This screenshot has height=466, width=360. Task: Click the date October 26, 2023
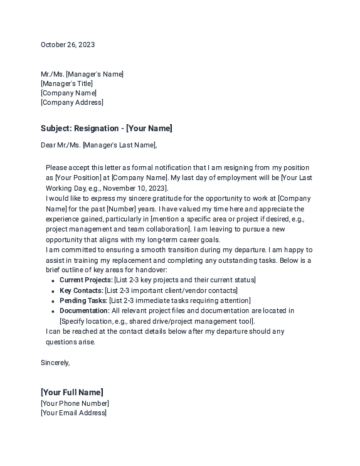(x=68, y=45)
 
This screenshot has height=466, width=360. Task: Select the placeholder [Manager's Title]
(x=66, y=83)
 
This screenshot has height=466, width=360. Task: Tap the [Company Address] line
(x=72, y=102)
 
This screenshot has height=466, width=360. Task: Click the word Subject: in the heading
(x=56, y=129)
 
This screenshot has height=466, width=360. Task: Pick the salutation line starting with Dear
(x=98, y=146)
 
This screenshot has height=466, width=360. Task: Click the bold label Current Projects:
(x=86, y=280)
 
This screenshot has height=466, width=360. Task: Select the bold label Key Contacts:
(x=81, y=290)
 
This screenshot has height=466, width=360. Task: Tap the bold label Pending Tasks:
(x=83, y=300)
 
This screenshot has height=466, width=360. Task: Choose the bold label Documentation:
(x=84, y=310)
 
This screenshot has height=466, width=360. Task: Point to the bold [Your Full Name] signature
(x=72, y=393)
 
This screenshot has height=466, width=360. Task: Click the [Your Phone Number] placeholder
(x=75, y=403)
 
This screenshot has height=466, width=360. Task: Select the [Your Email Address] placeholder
(x=73, y=413)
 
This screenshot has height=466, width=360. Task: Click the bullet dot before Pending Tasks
(x=53, y=301)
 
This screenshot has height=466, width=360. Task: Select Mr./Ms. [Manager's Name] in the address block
(x=82, y=74)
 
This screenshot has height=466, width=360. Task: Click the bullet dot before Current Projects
(x=53, y=281)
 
